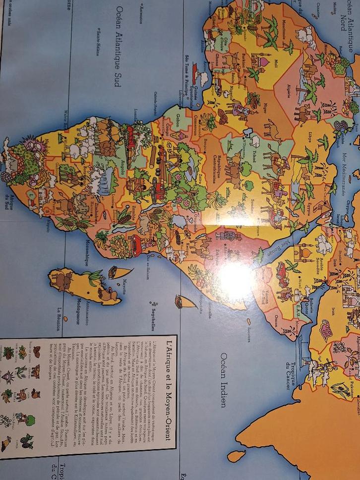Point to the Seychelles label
[x=154, y=317]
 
